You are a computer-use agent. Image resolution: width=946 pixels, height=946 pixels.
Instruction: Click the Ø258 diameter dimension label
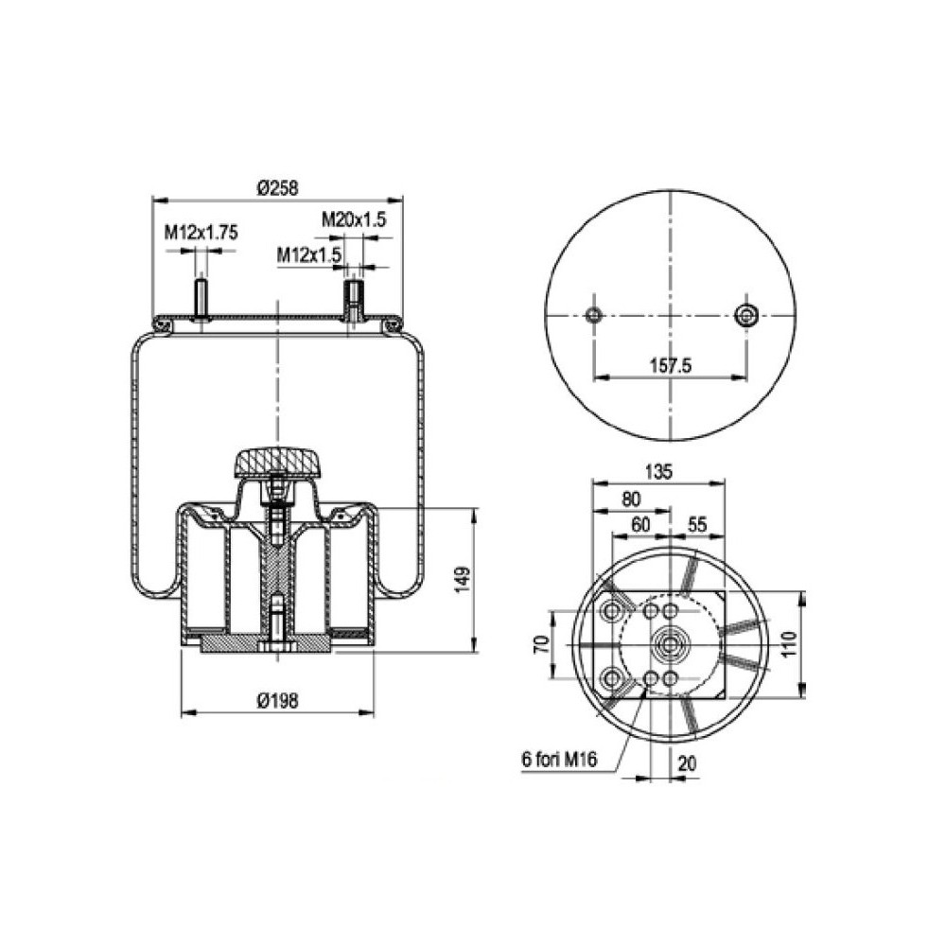[x=276, y=188]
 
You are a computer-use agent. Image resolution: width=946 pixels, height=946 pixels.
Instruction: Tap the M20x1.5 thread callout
[x=354, y=219]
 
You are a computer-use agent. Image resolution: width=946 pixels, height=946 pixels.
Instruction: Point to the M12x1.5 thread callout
[x=308, y=254]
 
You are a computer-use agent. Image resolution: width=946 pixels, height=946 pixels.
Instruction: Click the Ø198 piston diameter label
[x=277, y=700]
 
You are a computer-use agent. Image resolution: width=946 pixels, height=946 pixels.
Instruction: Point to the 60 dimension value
[x=641, y=523]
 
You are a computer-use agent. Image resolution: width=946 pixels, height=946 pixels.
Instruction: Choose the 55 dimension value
[x=698, y=523]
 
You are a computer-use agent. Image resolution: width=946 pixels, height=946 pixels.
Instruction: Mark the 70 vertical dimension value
[x=540, y=646]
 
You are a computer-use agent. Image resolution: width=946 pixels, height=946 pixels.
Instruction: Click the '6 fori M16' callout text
[x=558, y=759]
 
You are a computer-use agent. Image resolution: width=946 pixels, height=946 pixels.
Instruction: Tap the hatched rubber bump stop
[x=277, y=465]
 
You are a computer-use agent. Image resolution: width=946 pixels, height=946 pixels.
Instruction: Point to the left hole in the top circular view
[x=594, y=315]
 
